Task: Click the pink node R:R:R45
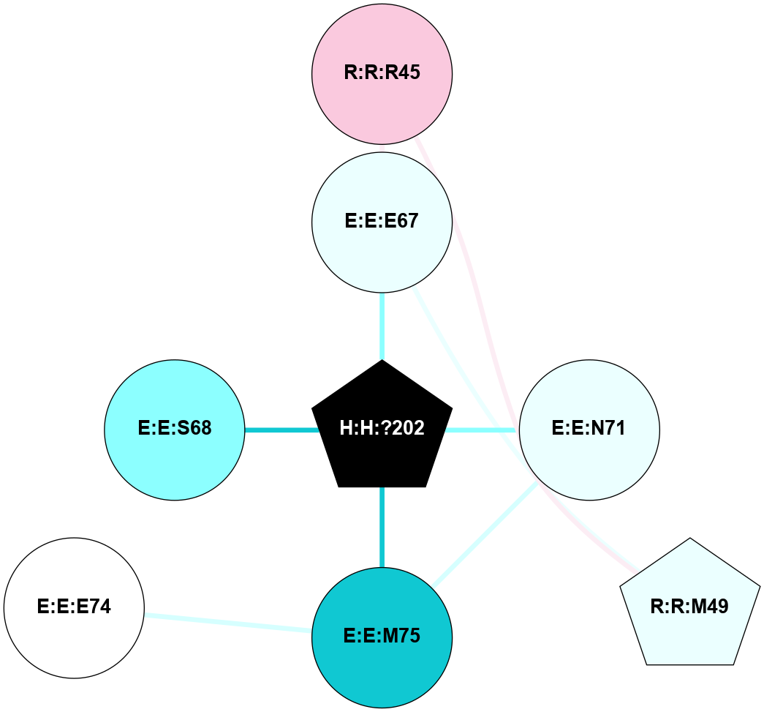pos(382,74)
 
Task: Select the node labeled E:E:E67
pos(382,222)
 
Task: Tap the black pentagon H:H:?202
pos(382,427)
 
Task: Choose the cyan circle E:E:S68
pos(175,430)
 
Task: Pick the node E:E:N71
pos(589,430)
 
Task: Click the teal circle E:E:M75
pos(382,637)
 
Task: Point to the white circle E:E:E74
pos(74,607)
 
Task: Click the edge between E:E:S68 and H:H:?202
pos(281,430)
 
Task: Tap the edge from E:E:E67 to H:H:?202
pos(382,326)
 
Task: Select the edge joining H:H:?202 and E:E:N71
pos(481,430)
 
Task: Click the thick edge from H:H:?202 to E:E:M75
pos(382,527)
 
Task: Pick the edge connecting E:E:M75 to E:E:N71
pos(485,534)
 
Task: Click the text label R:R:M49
pos(689,606)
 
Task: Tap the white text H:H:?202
pos(382,427)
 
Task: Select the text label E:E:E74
pos(74,606)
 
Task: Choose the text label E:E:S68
pos(175,427)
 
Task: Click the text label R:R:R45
pos(382,72)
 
